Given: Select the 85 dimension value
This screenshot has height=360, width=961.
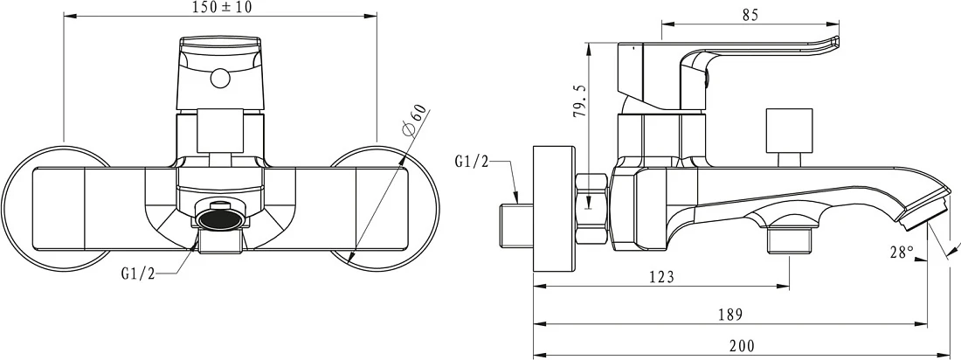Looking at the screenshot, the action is pos(750,16).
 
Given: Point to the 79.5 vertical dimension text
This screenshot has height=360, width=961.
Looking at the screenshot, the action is pos(580,100).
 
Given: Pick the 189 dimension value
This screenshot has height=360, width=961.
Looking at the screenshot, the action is pos(729,315).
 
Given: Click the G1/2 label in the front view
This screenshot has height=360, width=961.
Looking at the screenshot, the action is pos(139,273).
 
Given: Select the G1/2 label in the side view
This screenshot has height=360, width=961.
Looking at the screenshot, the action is pos(472,162).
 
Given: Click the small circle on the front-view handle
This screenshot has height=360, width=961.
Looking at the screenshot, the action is pos(219,79).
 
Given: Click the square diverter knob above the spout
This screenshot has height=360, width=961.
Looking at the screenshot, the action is pos(789,130).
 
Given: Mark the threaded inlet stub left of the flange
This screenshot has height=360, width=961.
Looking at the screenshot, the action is pos(514,225).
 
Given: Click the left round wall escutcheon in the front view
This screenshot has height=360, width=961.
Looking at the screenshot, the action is pos(57,208).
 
